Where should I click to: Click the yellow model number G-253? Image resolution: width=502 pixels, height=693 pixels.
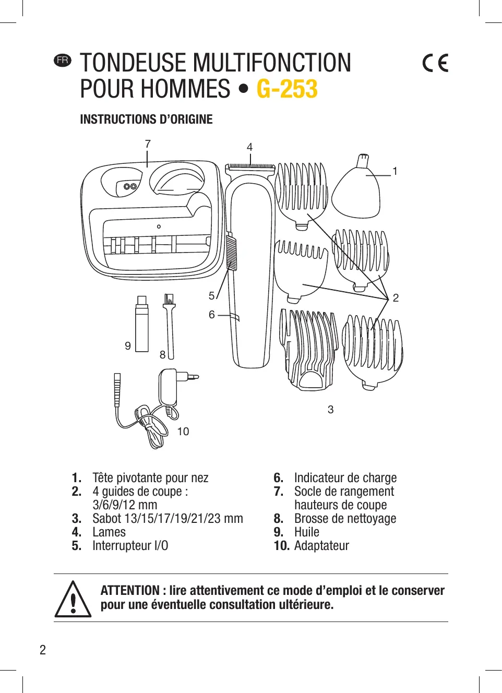point(287,89)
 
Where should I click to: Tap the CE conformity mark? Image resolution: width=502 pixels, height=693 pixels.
point(435,63)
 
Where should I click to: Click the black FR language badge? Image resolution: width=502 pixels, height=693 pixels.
point(63,60)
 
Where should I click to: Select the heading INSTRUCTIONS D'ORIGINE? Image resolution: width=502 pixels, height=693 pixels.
point(146,120)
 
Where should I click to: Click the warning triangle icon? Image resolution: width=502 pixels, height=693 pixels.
point(73,600)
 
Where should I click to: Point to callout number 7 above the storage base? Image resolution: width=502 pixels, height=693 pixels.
point(148,144)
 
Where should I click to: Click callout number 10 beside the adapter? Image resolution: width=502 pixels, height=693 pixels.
point(183,432)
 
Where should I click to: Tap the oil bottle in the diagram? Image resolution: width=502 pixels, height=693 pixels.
point(141,326)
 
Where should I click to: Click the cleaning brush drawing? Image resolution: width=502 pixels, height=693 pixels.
point(169,326)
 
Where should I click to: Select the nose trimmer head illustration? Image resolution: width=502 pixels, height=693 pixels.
point(356,190)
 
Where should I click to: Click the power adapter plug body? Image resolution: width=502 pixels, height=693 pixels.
point(169,386)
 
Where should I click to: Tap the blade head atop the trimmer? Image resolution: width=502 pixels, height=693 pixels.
point(250,168)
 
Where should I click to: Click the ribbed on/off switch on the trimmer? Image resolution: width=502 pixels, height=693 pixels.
point(232,253)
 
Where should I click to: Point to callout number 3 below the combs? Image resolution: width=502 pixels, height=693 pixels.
point(330,410)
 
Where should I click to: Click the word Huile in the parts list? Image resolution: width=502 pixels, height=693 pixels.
point(307,532)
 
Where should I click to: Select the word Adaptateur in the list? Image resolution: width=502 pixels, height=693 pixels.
point(321,546)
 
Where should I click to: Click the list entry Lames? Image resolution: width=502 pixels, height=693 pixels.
point(109,532)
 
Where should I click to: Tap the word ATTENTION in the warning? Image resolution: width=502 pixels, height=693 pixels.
point(130,591)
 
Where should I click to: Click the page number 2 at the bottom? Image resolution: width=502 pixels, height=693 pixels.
point(43,650)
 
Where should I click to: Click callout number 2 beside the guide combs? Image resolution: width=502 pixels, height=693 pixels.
point(396,298)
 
